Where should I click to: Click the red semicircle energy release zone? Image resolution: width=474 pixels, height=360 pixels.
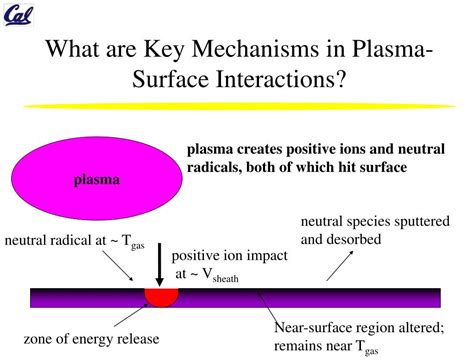point(161,296)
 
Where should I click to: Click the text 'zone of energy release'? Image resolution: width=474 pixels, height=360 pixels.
point(91,338)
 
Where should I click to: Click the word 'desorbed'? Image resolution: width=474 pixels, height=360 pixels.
point(356,240)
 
